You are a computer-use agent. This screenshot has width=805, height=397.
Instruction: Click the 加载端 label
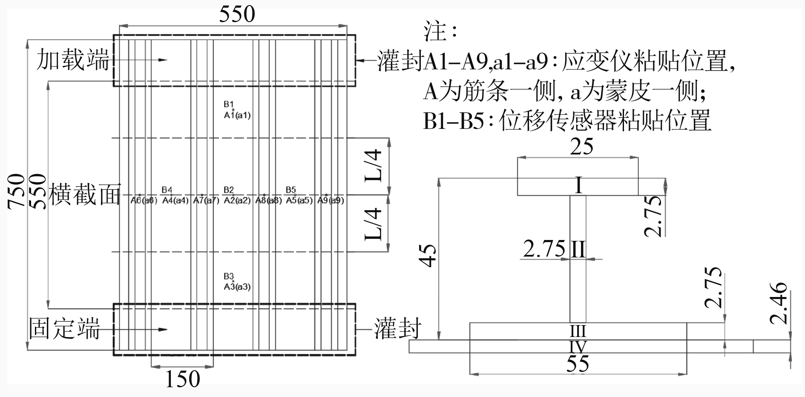tap(73, 59)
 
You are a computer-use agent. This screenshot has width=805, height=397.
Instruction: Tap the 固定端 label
tap(64, 328)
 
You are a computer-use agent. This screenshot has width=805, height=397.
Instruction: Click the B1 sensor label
tap(229, 104)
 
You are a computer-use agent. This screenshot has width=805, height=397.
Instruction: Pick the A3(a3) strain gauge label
tap(237, 287)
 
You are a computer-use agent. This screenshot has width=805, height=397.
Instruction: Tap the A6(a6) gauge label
tap(144, 201)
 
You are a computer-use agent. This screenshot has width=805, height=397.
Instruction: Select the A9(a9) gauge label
tap(331, 201)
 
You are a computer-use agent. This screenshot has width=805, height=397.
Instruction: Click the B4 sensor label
tap(167, 190)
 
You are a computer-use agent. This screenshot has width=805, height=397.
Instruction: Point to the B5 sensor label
tap(291, 190)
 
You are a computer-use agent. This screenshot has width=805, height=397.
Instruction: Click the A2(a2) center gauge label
tap(237, 201)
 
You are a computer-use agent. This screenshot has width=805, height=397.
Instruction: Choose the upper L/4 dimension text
tap(375, 166)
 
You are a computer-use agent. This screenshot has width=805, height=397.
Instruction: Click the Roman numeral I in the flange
tap(578, 186)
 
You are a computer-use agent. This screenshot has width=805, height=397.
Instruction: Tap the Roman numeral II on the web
tap(578, 249)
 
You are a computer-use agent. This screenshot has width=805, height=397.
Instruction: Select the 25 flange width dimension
tap(582, 147)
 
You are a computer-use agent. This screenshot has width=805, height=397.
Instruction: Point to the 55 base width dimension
tap(578, 364)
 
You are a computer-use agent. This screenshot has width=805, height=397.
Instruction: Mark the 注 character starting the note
tap(435, 32)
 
